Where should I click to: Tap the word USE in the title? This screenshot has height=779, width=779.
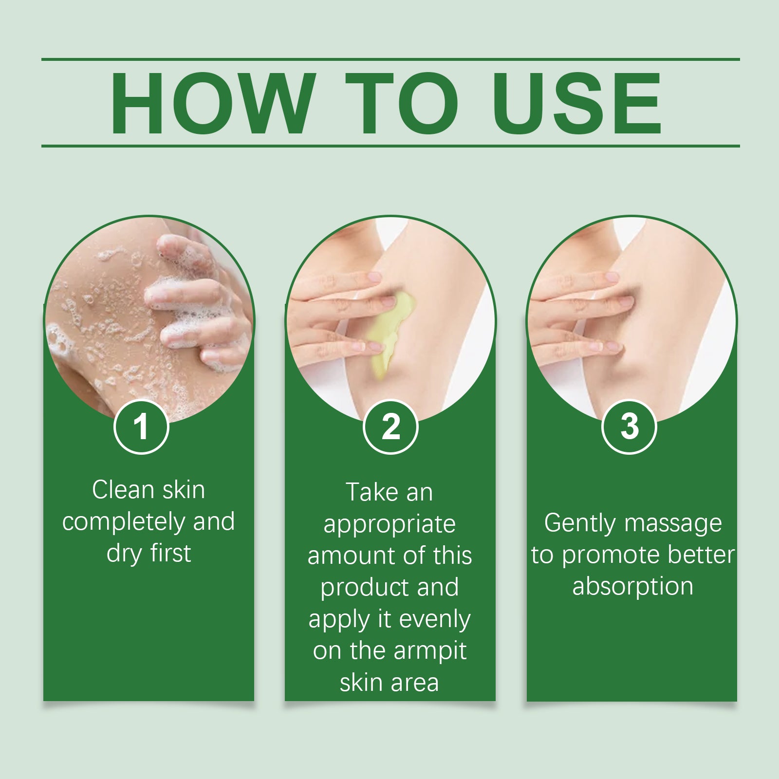pos(577,103)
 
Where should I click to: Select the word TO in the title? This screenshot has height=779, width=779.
pos(402,103)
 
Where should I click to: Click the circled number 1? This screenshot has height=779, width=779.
pos(141,427)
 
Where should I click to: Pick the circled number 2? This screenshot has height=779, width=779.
pos(390,427)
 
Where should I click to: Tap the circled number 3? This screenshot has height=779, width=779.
pos(629,427)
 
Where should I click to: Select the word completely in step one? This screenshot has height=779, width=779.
pos(124,522)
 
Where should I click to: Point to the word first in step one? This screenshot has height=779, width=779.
pos(170,554)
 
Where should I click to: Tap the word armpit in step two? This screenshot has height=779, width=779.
pos(430,651)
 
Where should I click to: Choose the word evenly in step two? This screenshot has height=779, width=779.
pos(434,619)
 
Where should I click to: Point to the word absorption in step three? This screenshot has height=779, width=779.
pos(632,587)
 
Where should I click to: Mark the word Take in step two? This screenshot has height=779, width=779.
pos(372,492)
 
